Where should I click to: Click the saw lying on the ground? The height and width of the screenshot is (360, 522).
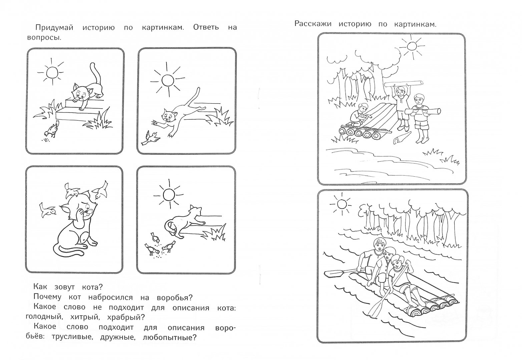403,138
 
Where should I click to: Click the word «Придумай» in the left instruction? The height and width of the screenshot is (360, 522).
54,28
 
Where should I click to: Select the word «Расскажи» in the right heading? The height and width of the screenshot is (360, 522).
313,24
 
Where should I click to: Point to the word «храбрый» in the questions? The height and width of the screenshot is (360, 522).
126,317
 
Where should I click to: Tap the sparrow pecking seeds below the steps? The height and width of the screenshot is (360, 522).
52,130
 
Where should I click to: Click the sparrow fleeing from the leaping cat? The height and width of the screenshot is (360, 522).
150,138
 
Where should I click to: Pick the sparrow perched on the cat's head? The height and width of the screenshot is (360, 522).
72,191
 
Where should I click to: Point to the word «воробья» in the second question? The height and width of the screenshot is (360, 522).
175,297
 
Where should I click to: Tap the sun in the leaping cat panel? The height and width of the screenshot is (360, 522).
167,80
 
